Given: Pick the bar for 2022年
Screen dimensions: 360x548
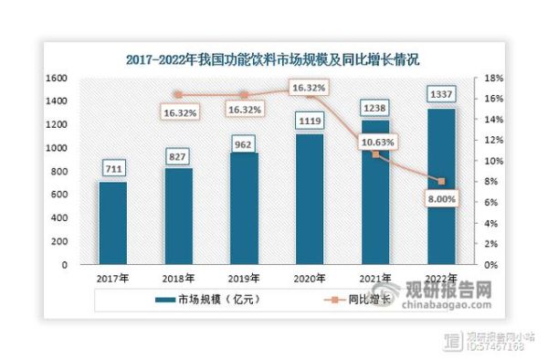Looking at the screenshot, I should pos(440,186).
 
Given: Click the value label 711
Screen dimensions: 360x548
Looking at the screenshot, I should pos(113,169).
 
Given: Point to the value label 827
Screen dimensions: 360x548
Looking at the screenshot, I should pos(178,156).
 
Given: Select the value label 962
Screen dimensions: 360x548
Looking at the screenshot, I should pos(243,142).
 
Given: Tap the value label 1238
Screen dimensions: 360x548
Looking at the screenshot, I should pos(375,107).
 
